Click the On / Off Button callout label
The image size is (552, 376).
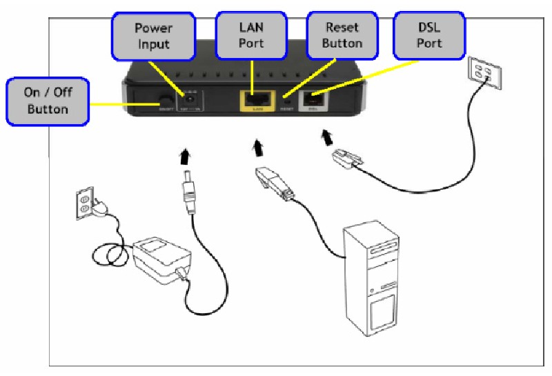pos(48,101)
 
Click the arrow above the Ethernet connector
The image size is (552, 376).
pos(258,147)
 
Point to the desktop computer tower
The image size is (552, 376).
pos(372,277)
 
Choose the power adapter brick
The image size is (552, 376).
pos(161,259)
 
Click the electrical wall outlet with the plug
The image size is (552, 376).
pos(84,202)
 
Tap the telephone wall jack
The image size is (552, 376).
pos(481,71)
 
